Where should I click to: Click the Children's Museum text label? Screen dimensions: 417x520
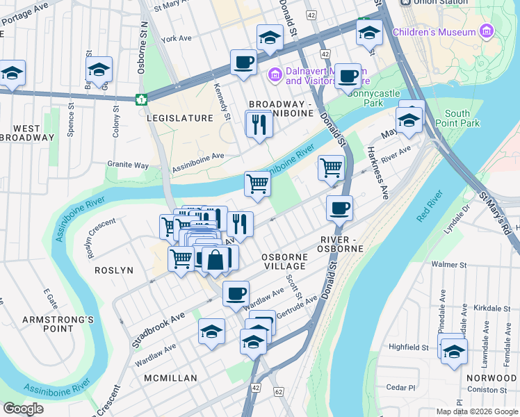click(x=434, y=32)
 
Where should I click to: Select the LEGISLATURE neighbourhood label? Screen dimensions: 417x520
click(x=180, y=118)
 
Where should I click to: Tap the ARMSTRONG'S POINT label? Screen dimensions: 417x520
click(x=48, y=325)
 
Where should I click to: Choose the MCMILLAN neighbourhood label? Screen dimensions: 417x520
click(x=170, y=378)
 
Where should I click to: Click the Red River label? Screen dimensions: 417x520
click(x=430, y=206)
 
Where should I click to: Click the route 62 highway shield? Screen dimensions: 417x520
click(x=279, y=392)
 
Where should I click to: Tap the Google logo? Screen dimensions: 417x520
click(x=23, y=409)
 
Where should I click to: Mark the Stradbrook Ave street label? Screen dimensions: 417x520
click(x=159, y=329)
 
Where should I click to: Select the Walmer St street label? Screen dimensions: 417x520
click(x=448, y=265)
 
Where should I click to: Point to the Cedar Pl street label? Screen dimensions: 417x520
click(x=401, y=388)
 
